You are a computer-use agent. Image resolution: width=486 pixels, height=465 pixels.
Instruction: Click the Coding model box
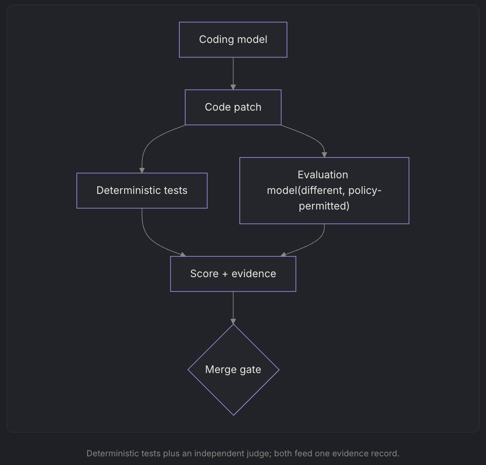click(x=233, y=39)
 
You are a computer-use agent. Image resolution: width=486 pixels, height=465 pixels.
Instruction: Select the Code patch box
click(x=233, y=107)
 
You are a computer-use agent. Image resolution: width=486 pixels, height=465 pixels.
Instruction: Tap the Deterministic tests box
click(x=142, y=190)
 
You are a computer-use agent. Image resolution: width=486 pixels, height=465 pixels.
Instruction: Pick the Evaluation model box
click(x=324, y=190)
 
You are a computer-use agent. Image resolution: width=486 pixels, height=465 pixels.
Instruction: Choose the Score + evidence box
click(x=233, y=274)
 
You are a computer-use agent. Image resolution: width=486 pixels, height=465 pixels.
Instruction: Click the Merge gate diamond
click(x=233, y=370)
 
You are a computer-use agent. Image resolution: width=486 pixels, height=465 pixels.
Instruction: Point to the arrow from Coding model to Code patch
click(x=233, y=73)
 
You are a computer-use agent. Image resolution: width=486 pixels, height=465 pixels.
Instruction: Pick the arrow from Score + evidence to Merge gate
click(x=233, y=308)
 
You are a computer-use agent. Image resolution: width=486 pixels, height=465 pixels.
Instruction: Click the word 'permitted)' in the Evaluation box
click(x=324, y=206)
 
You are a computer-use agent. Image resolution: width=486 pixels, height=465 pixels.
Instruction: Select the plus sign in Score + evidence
click(x=225, y=274)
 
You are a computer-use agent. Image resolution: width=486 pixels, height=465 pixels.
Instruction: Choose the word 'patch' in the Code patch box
click(x=248, y=108)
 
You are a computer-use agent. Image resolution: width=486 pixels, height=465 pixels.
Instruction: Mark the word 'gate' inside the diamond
click(x=250, y=370)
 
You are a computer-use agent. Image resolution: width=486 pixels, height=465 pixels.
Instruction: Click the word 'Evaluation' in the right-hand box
click(x=323, y=175)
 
